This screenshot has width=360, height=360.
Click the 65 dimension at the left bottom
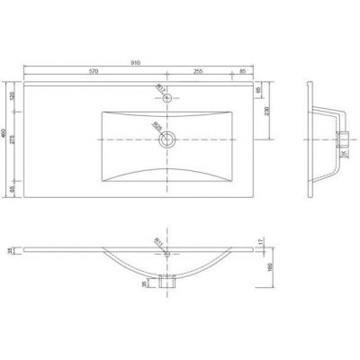click(x=13, y=190)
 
